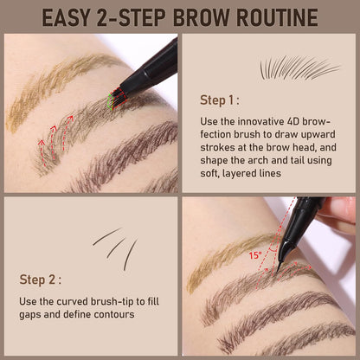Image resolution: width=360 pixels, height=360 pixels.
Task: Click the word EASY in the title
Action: (72, 16)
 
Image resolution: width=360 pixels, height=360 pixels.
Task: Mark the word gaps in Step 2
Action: (31, 314)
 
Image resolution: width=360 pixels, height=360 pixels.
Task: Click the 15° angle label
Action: (254, 255)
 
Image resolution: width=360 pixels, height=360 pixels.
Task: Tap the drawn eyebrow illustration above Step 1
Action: (299, 67)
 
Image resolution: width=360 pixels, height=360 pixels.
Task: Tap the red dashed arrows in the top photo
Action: (55, 139)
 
